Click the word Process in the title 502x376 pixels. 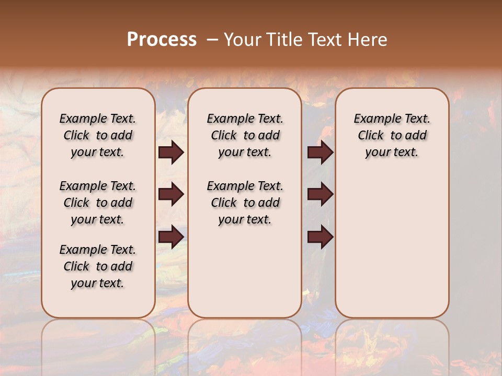pos(162,40)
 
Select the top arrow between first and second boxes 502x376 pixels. pos(171,152)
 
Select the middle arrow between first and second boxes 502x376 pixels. pos(171,195)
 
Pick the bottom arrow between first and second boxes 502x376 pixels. pos(171,237)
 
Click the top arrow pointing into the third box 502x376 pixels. pos(320,152)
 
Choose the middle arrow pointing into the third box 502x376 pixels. pos(320,195)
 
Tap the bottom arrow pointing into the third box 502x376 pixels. pos(320,237)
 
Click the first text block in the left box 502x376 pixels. pos(98,135)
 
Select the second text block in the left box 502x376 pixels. pos(98,203)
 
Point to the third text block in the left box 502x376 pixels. pos(98,266)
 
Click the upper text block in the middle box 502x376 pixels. pos(245,135)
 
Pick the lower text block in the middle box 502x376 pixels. pos(245,203)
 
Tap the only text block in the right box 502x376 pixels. pos(392,135)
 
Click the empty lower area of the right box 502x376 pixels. pos(392,245)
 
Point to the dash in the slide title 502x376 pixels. pos(212,40)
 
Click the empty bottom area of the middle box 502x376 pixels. pos(245,277)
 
